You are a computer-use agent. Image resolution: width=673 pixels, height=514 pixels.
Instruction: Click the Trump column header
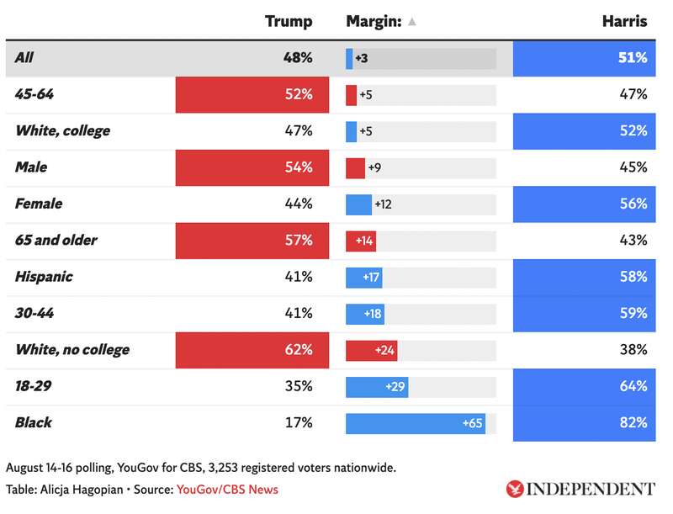pos(289,21)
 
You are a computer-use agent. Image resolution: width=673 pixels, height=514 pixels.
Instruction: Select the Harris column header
pos(624,21)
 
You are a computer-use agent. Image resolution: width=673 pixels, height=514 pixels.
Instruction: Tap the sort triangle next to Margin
pos(411,22)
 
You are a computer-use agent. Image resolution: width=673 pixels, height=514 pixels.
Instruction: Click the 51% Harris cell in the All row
pos(584,58)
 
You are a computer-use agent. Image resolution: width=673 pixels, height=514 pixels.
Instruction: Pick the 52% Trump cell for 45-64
pos(252,95)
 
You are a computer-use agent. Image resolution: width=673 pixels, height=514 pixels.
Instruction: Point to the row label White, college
pos(62,131)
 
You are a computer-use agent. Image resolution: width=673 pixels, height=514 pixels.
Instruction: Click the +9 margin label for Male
pos(374,167)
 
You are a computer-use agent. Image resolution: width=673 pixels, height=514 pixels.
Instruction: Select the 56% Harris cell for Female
pos(584,204)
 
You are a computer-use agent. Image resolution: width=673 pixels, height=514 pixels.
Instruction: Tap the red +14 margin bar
pos(361,241)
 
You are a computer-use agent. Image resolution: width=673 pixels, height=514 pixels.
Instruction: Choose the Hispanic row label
pos(44,277)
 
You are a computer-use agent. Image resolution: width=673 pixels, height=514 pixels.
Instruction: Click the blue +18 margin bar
pos(365,314)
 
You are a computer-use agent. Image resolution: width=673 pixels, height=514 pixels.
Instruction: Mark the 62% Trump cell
pos(252,350)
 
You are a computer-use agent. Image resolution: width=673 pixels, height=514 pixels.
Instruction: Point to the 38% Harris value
pos(633,350)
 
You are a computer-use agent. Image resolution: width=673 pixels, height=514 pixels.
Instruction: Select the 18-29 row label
pos(33,386)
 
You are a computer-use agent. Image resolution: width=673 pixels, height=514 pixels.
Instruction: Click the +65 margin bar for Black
pos(416,423)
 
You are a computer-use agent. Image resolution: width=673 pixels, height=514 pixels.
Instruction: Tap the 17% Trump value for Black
pos(299,422)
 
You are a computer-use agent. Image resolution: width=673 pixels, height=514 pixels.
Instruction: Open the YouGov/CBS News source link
pos(227,490)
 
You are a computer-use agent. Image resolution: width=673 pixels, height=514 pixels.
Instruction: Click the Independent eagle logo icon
pos(514,489)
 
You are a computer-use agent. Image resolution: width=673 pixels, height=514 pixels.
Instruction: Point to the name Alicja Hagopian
pos(82,490)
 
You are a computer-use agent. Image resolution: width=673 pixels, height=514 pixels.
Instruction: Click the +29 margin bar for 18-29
pos(377,387)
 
